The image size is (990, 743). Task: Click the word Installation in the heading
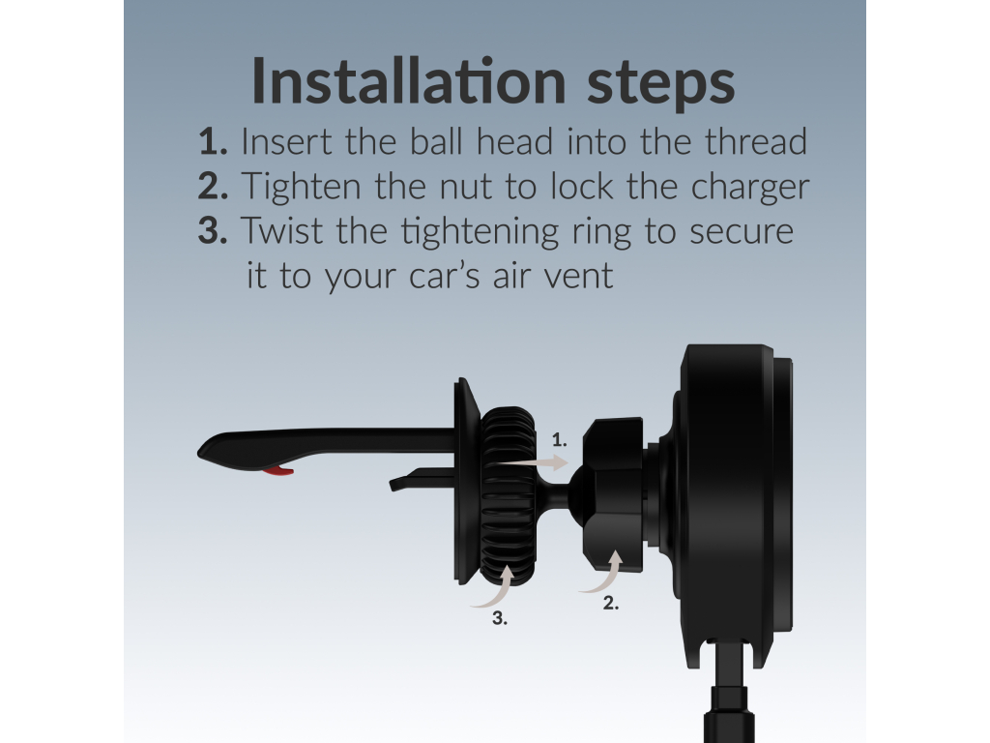(409, 80)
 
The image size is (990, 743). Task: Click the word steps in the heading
(660, 84)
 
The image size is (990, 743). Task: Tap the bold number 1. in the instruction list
(213, 141)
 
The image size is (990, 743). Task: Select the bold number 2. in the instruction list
(213, 186)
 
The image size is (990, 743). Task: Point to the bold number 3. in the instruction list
(213, 230)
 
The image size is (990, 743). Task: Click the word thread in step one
(755, 141)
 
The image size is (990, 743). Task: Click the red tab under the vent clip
(278, 471)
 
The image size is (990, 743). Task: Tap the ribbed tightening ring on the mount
(508, 495)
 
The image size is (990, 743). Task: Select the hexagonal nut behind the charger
(612, 494)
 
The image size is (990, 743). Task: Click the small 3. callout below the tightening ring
(500, 618)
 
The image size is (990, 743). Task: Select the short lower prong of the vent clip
(422, 480)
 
